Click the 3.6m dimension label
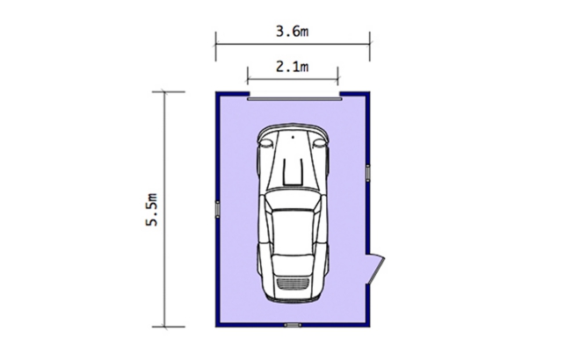point(292,32)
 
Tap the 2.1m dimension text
point(292,67)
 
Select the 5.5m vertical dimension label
point(152,210)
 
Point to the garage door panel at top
point(294,98)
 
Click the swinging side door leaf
point(377,270)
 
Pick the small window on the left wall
point(218,209)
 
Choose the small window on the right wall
point(367,173)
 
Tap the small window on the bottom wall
point(293,325)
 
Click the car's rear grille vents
point(293,284)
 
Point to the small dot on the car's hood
point(293,137)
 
